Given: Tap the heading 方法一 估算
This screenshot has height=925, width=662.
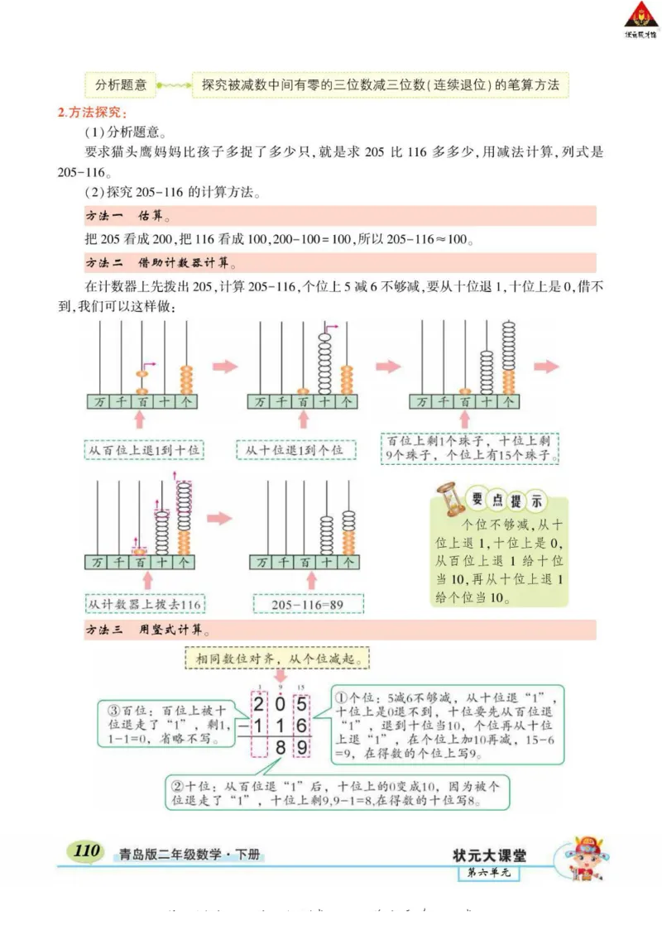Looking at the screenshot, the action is coord(127,217).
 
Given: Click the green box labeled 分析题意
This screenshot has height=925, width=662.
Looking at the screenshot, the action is coord(121,84).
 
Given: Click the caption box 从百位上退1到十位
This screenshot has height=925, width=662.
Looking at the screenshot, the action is coord(144,450).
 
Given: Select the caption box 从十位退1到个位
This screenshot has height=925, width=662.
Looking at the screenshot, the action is coord(294,450).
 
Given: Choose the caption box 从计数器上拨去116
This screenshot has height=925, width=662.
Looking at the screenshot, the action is coord(145,604).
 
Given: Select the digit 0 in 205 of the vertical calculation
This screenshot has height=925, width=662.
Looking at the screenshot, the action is coord(280,705).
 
